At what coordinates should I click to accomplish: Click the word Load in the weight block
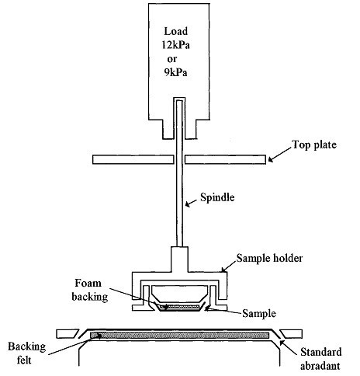[175, 31]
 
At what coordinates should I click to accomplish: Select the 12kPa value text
[176, 45]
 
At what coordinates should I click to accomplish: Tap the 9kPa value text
[175, 72]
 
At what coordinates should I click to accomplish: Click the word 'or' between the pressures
[171, 59]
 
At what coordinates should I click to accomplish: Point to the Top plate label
[314, 144]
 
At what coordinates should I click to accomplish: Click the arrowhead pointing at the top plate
[271, 159]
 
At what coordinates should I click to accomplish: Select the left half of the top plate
[133, 159]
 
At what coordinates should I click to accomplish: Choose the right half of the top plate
[226, 159]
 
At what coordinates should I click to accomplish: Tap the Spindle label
[217, 197]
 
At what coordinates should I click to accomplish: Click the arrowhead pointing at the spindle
[188, 204]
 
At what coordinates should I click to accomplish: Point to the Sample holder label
[269, 258]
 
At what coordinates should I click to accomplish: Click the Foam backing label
[89, 290]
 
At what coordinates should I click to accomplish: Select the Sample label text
[259, 314]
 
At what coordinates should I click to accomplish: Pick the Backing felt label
[26, 353]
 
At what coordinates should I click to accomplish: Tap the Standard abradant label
[320, 359]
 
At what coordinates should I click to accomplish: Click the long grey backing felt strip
[179, 336]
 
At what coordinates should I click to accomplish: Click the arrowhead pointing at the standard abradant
[282, 343]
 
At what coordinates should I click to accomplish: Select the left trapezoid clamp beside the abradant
[67, 334]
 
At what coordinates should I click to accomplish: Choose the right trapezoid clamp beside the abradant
[291, 334]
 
